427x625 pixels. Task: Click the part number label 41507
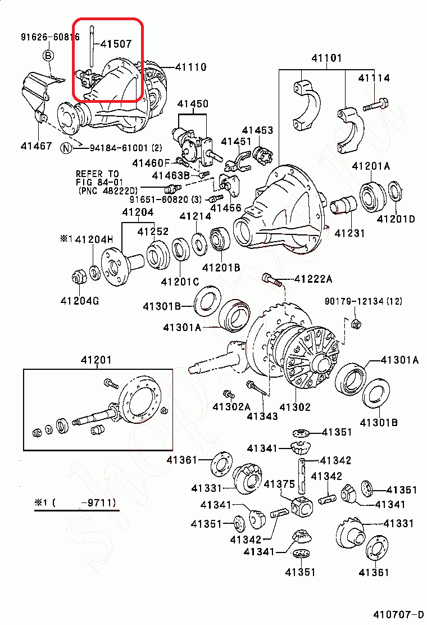click(116, 43)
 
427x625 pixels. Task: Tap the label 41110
click(190, 67)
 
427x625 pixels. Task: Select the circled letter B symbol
click(48, 55)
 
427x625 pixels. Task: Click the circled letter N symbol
click(66, 148)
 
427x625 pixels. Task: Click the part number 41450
click(193, 104)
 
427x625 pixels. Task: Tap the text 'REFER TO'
click(97, 174)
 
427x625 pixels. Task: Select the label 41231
click(349, 233)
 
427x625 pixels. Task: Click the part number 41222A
click(314, 279)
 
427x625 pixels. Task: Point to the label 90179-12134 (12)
click(364, 302)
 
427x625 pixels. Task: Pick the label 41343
click(262, 416)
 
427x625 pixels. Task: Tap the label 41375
click(279, 484)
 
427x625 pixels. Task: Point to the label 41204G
click(80, 301)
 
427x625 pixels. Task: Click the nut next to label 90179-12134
click(355, 323)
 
